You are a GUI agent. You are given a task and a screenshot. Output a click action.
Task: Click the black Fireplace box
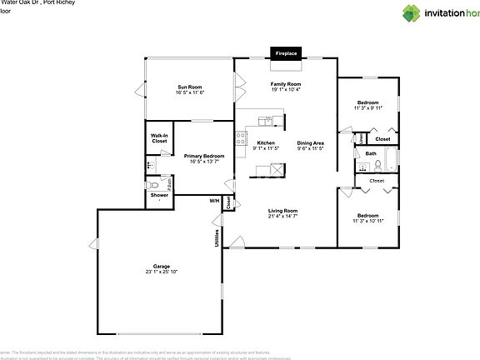click(286, 53)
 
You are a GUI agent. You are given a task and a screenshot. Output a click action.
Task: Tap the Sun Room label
click(189, 87)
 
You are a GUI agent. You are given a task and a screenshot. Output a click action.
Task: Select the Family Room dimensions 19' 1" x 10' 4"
click(286, 91)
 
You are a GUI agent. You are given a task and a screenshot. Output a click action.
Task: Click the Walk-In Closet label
click(159, 138)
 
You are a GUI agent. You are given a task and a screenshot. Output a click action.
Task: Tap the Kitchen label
click(266, 142)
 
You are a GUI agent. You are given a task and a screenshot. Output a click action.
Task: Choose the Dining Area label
click(311, 142)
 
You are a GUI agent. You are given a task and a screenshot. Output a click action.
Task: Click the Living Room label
click(283, 211)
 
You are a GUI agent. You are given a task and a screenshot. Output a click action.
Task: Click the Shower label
click(158, 195)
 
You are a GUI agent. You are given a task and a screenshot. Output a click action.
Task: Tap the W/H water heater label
click(214, 201)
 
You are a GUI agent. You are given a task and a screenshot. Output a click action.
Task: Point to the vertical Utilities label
click(217, 237)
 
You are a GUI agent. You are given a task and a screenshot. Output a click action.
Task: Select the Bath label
click(371, 153)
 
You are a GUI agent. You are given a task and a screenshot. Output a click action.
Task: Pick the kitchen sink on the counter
click(264, 122)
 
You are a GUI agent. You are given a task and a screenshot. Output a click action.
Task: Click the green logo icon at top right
click(412, 12)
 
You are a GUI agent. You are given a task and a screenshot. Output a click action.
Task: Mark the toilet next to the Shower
click(152, 184)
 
